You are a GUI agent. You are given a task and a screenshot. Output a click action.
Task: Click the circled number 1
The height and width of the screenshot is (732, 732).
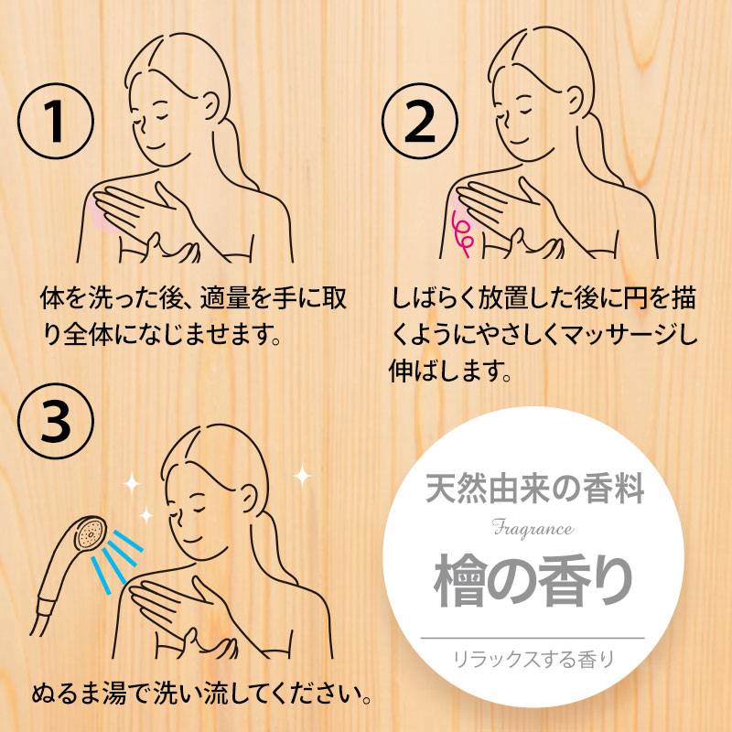(x=56, y=122)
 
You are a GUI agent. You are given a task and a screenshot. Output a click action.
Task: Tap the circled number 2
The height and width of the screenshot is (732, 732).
(x=420, y=122)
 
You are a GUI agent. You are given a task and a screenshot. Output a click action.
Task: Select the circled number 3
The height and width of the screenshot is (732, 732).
(x=56, y=422)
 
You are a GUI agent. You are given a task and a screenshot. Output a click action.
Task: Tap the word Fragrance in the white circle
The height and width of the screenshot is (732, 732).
(x=533, y=529)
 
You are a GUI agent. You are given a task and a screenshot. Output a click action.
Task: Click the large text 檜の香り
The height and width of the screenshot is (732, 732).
(x=533, y=580)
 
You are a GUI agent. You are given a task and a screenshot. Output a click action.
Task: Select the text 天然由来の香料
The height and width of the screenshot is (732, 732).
(x=534, y=489)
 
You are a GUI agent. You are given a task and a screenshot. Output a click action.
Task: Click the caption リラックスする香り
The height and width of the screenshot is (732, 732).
(x=533, y=660)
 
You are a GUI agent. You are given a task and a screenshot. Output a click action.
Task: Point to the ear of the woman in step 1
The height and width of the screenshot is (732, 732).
(x=210, y=105)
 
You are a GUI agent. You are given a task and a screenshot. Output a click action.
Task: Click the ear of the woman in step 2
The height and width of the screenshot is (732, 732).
(x=574, y=102)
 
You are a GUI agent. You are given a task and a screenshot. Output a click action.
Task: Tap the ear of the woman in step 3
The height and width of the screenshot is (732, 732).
(x=248, y=499)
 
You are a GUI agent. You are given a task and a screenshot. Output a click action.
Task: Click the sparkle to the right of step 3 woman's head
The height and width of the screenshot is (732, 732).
(x=302, y=476)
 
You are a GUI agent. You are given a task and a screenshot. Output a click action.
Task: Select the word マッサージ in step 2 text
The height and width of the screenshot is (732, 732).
(x=619, y=335)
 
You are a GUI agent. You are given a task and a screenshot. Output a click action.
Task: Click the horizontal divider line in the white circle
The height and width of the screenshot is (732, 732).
(x=533, y=638)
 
